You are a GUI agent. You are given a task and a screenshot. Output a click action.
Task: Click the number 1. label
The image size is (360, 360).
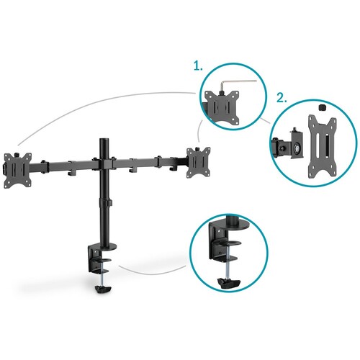pyautogui.click(x=198, y=66)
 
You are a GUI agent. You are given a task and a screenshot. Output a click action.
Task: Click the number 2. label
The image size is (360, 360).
pyautogui.click(x=282, y=98)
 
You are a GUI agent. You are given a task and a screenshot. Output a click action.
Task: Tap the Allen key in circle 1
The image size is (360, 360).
pyautogui.click(x=238, y=84)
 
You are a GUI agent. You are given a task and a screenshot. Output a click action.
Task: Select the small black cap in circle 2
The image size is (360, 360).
pyautogui.click(x=322, y=107)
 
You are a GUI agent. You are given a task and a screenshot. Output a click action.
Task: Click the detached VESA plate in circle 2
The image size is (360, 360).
pyautogui.click(x=323, y=146)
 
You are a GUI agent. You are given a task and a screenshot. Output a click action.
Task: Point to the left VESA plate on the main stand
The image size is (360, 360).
pyautogui.click(x=18, y=171)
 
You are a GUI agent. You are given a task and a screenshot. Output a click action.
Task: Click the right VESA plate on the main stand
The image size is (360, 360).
pyautogui.click(x=199, y=162)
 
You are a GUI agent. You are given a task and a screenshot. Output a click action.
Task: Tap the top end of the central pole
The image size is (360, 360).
pyautogui.click(x=104, y=139)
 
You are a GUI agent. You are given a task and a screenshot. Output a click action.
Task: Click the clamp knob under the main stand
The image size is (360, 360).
pyautogui.click(x=104, y=289)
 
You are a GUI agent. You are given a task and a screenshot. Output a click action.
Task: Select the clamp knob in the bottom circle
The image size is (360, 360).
pyautogui.click(x=228, y=284)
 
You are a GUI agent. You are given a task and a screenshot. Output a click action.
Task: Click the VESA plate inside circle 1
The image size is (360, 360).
pyautogui.click(x=222, y=107)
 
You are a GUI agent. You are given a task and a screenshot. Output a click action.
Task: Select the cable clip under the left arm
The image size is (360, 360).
pyautogui.click(x=72, y=171)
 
